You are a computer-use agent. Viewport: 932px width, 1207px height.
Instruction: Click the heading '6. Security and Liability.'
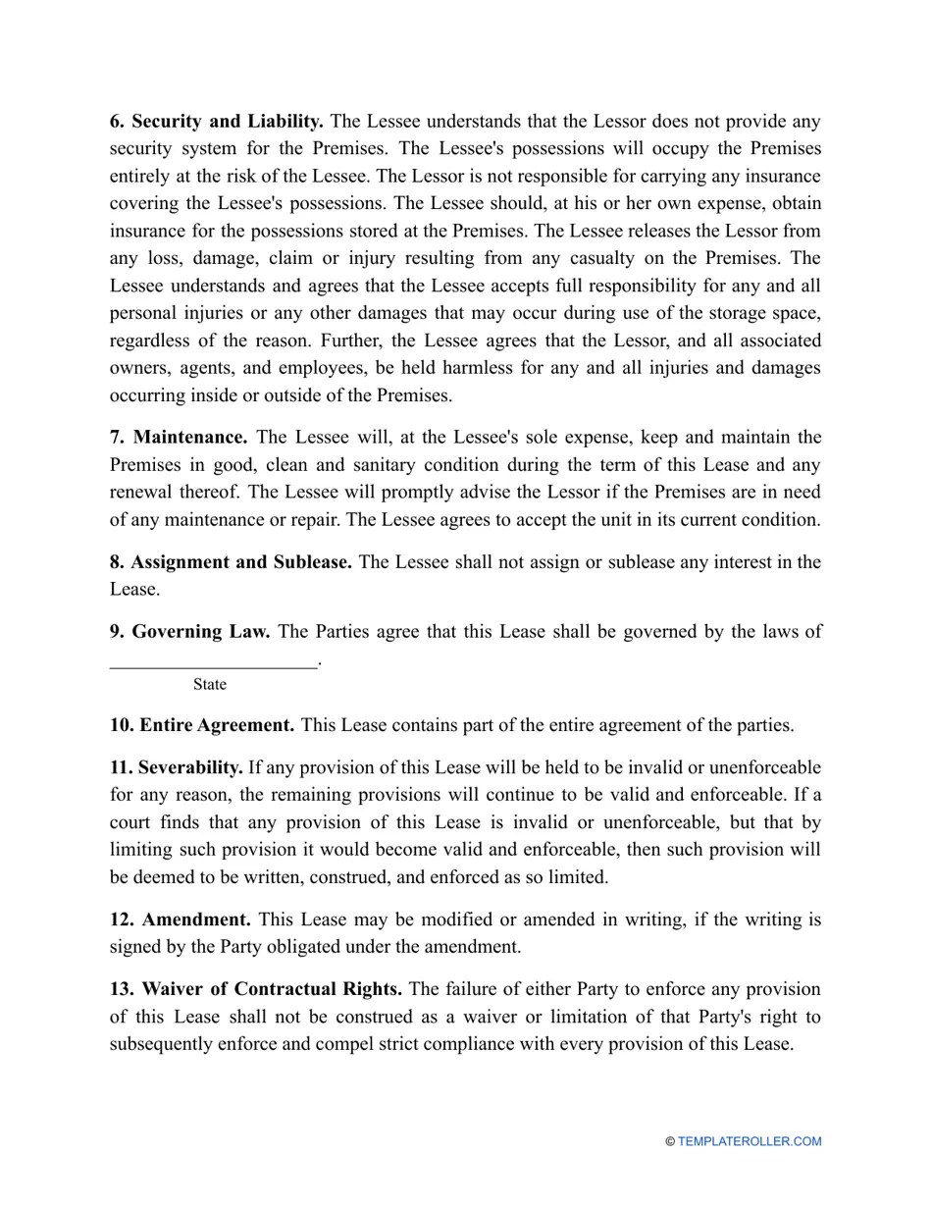pos(217,122)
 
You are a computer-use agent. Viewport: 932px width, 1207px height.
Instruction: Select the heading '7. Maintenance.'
pos(179,437)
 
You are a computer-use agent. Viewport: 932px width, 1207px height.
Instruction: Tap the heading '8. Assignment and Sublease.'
pos(231,562)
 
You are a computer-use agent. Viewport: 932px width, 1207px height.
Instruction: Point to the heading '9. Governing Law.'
pos(189,632)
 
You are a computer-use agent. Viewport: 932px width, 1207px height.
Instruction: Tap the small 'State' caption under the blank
pos(209,685)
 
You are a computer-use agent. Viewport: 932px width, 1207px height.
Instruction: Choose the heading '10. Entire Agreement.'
pos(201,726)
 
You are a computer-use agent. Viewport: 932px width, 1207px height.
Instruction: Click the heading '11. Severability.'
pos(177,767)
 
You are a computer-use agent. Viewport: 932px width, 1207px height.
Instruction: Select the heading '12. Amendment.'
pos(181,920)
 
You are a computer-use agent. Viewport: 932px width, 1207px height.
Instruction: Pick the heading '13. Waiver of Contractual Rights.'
pos(255,989)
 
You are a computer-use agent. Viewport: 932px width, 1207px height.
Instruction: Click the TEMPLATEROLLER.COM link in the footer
pos(750,1141)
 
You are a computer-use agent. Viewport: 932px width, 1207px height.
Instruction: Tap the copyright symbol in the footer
pos(670,1141)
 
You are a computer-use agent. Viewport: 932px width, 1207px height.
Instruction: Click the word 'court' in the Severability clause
pos(131,822)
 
